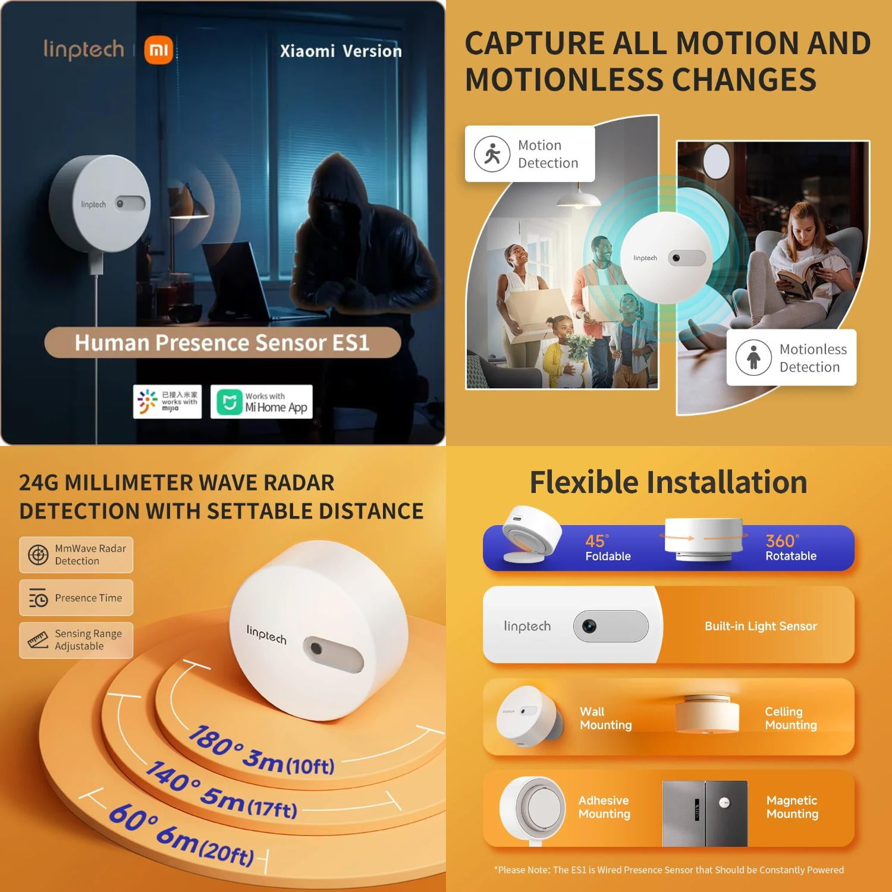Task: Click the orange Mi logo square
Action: coord(159,50)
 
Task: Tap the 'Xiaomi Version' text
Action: coord(341,51)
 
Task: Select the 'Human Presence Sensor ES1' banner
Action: coord(222,343)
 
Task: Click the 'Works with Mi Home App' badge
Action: coord(262,402)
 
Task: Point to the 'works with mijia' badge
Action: coord(167,402)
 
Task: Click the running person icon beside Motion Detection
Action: coord(492,154)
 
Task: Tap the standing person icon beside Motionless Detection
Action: coord(753,357)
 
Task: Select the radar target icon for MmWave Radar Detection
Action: coord(38,555)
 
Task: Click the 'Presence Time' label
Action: coord(89,598)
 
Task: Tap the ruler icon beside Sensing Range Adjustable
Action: coord(38,640)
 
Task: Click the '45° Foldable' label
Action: coord(608,548)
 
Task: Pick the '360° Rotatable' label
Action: coord(791,548)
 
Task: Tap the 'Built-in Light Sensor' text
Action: coord(761,626)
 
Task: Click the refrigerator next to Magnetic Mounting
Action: coord(705,814)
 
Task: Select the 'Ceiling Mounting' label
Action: coord(791,718)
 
